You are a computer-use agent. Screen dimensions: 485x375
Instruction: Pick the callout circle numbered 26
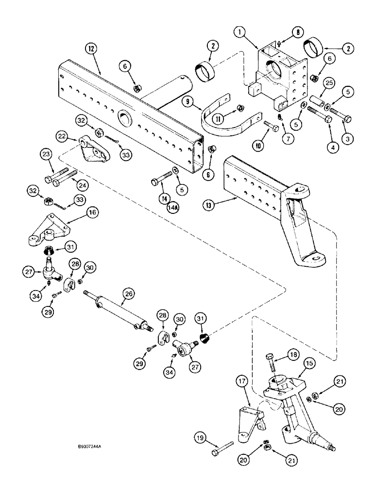(x=128, y=294)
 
